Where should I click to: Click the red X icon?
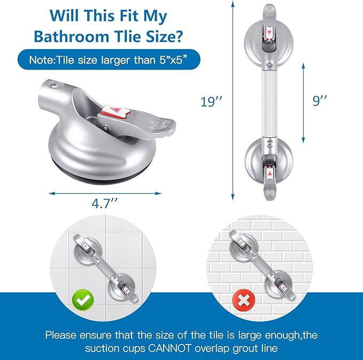[x=244, y=301]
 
